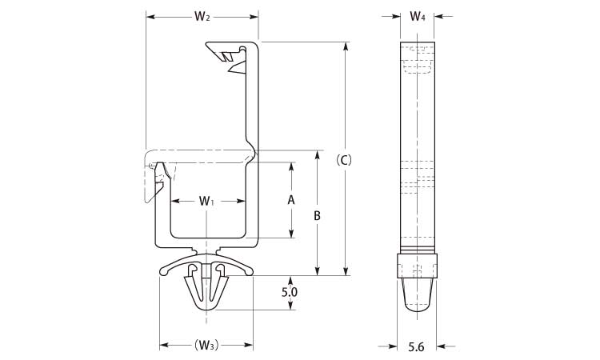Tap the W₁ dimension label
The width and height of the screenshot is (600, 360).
[x=207, y=201]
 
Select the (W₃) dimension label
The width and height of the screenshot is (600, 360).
[x=206, y=346]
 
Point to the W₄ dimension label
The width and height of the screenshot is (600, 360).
[x=418, y=16]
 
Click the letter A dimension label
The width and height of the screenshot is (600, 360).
[x=291, y=200]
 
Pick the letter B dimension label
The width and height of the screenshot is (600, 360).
[x=318, y=215]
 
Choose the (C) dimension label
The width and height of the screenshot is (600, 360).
[x=345, y=159]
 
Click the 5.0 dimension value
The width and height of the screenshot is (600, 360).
[x=290, y=293]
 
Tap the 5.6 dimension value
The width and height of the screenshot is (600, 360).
[x=416, y=346]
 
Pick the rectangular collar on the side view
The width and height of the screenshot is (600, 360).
[x=418, y=265]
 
